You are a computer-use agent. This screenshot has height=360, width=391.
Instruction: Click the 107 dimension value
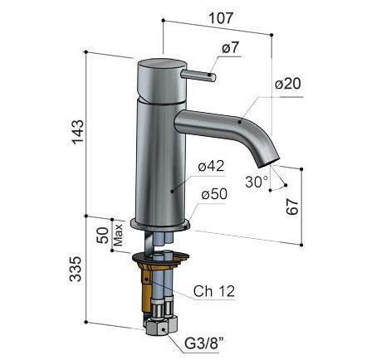(221, 18)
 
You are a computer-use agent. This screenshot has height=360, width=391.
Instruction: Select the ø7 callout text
(230, 48)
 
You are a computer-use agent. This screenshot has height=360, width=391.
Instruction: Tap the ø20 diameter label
(288, 84)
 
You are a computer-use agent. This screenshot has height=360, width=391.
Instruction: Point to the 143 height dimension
(78, 132)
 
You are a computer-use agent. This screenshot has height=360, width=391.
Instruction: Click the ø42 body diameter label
(211, 166)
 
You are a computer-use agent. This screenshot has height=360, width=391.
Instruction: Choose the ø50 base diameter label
(214, 194)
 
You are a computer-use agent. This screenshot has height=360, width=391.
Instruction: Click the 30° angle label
(257, 182)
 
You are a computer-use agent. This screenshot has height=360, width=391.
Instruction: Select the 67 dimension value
(292, 207)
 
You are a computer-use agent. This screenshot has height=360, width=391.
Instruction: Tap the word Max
(118, 235)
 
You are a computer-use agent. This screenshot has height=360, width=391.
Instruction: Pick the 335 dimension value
(76, 269)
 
